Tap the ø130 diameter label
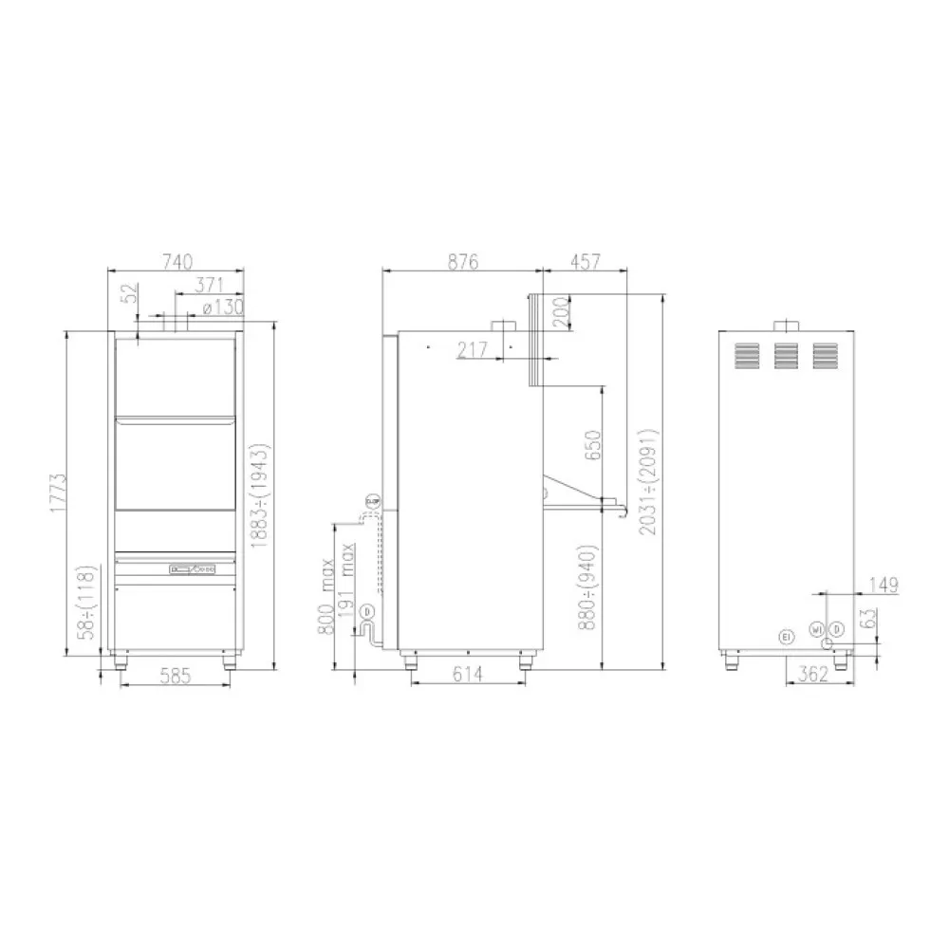(224, 307)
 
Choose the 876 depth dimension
(462, 261)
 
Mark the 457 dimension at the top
(586, 261)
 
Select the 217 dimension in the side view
(472, 350)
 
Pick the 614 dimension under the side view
(468, 675)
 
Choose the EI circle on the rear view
(785, 635)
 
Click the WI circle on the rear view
(815, 629)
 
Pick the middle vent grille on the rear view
(785, 355)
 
